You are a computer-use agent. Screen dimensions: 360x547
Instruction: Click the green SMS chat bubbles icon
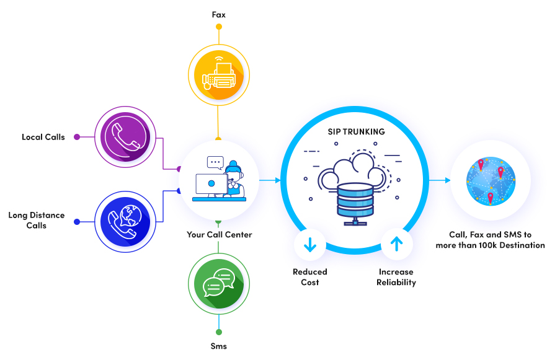(x=218, y=283)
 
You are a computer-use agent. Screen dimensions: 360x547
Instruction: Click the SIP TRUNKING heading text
(x=356, y=132)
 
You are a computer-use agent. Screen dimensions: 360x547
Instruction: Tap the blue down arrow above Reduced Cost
(x=310, y=245)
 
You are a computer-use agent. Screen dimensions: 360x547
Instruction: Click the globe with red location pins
(x=490, y=180)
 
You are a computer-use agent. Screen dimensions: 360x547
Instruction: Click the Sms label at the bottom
(x=218, y=346)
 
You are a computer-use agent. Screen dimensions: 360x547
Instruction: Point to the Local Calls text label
(x=43, y=137)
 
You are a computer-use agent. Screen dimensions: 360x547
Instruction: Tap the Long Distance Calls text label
(x=37, y=220)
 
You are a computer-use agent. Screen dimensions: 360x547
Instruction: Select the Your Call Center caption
(x=220, y=235)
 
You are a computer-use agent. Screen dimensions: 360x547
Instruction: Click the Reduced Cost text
(x=309, y=277)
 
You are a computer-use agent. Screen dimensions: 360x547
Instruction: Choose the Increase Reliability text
(x=396, y=277)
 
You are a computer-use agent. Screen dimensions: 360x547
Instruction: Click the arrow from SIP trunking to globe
(x=439, y=180)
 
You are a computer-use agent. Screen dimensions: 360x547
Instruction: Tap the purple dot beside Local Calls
(x=77, y=137)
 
